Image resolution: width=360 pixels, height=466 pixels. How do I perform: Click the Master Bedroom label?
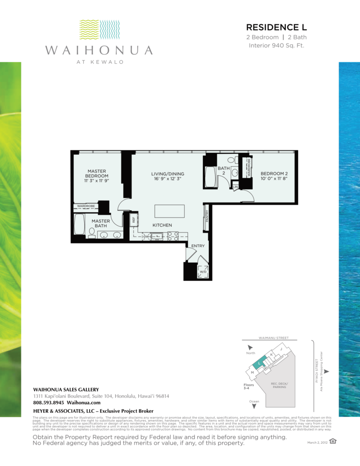click(97, 173)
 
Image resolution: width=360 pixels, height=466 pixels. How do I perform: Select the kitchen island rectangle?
click(169, 212)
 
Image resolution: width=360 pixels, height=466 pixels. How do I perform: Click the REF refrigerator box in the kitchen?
click(134, 219)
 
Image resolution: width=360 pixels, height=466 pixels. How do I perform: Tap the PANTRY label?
click(207, 214)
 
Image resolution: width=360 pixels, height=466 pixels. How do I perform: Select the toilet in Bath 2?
click(231, 160)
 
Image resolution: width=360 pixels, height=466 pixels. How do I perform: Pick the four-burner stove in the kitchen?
click(172, 236)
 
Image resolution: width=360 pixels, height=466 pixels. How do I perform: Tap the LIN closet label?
click(235, 187)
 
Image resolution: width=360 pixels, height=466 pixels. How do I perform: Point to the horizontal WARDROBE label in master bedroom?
click(86, 206)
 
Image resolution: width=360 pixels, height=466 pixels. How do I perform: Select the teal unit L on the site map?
click(259, 363)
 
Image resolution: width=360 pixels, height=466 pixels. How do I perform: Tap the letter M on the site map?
click(252, 373)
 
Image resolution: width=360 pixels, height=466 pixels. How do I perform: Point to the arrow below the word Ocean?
click(254, 406)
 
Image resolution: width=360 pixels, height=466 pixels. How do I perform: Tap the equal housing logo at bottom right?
click(333, 441)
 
